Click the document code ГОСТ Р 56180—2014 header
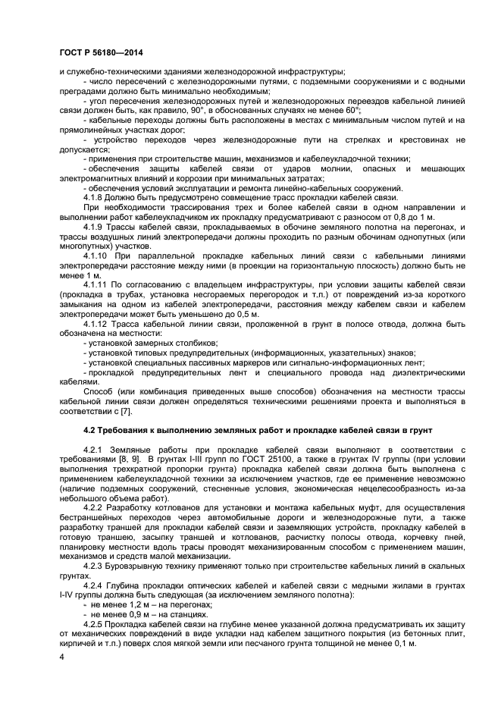click(x=100, y=52)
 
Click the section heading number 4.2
click(x=90, y=430)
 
